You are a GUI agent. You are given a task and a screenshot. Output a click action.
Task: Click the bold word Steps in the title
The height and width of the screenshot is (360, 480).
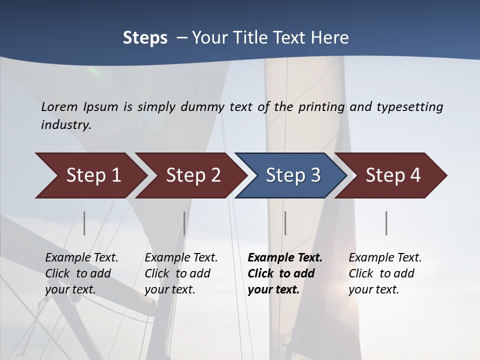(x=145, y=38)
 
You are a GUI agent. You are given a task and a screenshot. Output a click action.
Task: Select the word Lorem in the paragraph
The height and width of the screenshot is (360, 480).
(x=59, y=106)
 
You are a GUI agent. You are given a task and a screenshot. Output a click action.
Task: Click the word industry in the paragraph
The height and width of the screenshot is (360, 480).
(x=65, y=124)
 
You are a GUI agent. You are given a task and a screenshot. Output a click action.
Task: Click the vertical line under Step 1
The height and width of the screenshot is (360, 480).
(x=84, y=223)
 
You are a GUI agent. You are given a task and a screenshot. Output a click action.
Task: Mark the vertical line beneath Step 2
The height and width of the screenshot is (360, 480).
(x=184, y=223)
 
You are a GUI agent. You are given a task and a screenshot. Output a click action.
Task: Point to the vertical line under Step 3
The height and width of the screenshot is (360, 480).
(x=285, y=223)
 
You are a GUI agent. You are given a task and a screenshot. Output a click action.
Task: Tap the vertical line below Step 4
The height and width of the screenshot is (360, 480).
(x=386, y=223)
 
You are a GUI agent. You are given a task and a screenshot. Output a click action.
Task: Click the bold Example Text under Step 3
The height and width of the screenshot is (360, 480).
(x=285, y=258)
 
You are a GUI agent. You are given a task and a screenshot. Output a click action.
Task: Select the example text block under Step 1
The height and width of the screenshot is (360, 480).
(x=81, y=273)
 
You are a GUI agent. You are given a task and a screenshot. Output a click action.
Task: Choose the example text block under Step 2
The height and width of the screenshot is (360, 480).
(x=181, y=273)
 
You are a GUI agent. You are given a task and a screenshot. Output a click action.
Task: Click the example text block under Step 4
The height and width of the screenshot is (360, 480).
(x=385, y=273)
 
